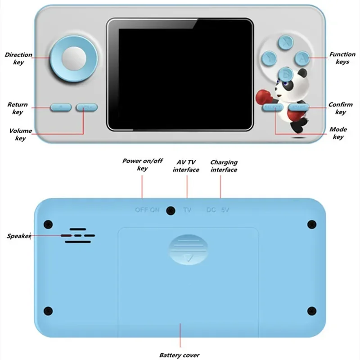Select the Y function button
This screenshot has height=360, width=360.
click(x=269, y=57)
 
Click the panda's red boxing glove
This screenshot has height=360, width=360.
click(x=262, y=95)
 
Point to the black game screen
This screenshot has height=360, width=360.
click(x=180, y=75)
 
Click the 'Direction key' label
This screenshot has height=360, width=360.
click(x=18, y=58)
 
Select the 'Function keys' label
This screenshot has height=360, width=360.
click(x=342, y=58)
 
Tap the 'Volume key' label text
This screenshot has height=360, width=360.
click(x=21, y=135)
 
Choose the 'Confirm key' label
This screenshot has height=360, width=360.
click(x=341, y=108)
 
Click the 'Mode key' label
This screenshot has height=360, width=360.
click(x=338, y=133)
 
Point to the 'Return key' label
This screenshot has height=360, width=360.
click(x=18, y=108)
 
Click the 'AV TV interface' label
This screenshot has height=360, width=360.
click(x=186, y=166)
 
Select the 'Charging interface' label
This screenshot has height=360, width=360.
click(x=224, y=166)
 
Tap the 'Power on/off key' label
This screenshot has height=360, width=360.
click(x=142, y=164)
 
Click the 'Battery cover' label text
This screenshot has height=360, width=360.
click(x=179, y=355)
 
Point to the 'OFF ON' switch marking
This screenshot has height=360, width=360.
click(x=147, y=210)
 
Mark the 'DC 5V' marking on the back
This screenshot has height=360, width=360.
click(x=218, y=210)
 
